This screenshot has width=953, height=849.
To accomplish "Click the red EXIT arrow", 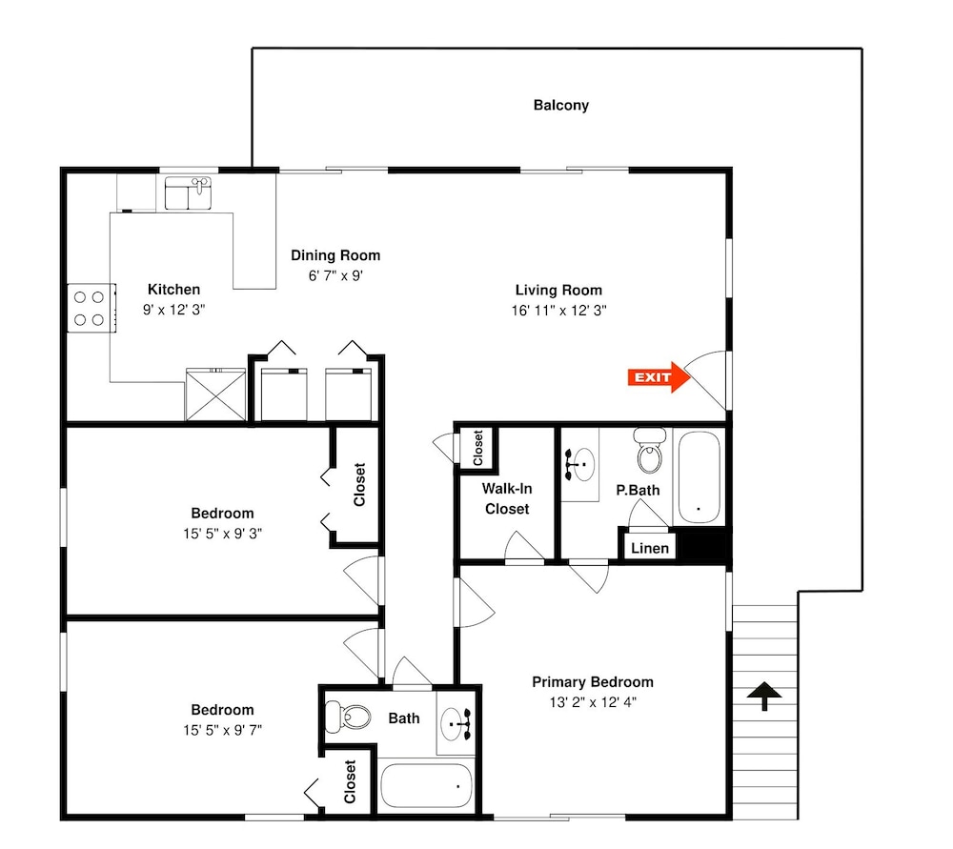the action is (659, 377).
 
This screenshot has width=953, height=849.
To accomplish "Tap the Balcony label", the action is (561, 105).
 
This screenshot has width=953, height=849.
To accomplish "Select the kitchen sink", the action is (188, 193).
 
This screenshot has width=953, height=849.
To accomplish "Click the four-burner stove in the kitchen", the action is (91, 308).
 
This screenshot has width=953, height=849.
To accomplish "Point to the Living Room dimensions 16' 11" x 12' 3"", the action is (558, 311).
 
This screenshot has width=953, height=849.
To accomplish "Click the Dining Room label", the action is (335, 255).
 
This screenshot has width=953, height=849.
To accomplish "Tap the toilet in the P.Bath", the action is (650, 451).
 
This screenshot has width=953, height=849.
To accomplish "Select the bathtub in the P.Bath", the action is (699, 477).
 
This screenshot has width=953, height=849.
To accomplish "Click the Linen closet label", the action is (650, 548).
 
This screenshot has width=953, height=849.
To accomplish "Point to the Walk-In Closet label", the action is (507, 498).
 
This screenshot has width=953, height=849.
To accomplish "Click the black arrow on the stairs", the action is (764, 696).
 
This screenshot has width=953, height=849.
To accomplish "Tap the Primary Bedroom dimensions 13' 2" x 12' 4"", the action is (593, 702).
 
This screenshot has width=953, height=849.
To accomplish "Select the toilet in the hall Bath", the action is (348, 718).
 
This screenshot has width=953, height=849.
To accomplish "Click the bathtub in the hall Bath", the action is (426, 786).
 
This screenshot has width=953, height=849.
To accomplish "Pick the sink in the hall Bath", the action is (456, 724).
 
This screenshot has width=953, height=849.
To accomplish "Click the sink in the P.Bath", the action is (579, 465).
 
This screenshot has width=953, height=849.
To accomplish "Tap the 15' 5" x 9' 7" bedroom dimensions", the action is (222, 731).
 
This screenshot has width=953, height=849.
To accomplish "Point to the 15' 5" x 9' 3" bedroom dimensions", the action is (222, 534).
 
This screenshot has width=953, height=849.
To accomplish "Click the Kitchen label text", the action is (173, 290).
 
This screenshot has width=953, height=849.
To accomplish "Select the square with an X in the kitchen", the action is (215, 394).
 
